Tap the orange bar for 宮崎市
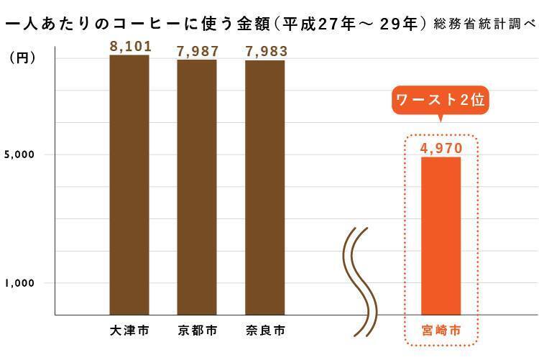tap(441, 236)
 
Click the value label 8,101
tap(130, 47)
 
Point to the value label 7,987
tap(198, 51)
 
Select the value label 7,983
tap(266, 51)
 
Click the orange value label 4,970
tap(441, 148)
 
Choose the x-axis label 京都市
tap(197, 331)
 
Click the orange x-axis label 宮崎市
tap(441, 331)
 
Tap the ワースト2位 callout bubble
tap(440, 101)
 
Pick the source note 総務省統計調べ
tap(485, 24)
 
